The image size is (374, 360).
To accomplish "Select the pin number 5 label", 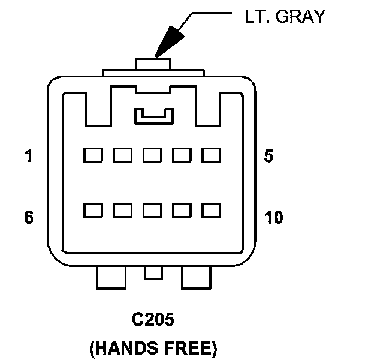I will (x=269, y=157).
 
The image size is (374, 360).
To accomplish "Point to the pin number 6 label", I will (x=29, y=217).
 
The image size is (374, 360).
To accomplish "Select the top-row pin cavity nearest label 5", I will (x=211, y=155).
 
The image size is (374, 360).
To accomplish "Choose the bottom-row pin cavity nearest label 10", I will (x=211, y=211).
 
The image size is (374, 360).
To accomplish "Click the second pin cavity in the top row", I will (x=122, y=155).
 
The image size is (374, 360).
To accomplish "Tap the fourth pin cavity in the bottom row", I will (x=182, y=211).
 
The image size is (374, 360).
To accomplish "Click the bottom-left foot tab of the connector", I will (x=111, y=277).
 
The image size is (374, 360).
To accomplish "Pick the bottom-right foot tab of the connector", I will (x=197, y=277).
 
